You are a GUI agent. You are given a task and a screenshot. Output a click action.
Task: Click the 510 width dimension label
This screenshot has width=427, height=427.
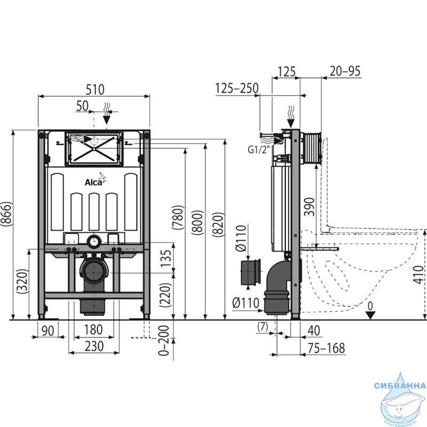pyautogui.click(x=95, y=90)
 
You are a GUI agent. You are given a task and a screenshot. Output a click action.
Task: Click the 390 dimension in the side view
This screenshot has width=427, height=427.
pyautogui.click(x=309, y=207)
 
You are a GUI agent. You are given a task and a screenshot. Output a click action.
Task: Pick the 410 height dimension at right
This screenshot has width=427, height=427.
pyautogui.click(x=420, y=275)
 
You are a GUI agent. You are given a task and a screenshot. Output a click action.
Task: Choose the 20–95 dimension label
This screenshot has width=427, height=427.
pyautogui.click(x=345, y=71)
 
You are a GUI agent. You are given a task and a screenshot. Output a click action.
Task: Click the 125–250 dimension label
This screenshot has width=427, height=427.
pyautogui.click(x=237, y=88)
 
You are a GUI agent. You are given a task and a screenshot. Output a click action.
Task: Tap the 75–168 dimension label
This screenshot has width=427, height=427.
pyautogui.click(x=326, y=348)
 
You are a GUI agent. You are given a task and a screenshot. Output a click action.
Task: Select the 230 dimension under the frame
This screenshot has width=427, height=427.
pyautogui.click(x=94, y=346)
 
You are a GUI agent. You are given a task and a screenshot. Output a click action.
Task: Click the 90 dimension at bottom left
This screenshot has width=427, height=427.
pyautogui.click(x=48, y=331)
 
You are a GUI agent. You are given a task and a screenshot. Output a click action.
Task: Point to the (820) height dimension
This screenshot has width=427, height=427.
pyautogui.click(x=219, y=225)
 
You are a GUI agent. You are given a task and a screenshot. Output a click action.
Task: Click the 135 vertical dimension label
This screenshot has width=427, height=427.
pyautogui.click(x=165, y=258)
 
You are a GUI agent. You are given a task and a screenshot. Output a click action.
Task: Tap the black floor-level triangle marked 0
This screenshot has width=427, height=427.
pyautogui.click(x=370, y=315)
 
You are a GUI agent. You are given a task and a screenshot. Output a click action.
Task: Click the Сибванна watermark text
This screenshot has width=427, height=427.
pyautogui.click(x=400, y=385)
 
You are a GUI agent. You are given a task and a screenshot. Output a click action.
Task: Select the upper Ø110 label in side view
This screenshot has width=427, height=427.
pyautogui.click(x=241, y=238)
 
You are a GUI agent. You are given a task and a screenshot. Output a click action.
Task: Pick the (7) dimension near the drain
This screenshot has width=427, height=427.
pyautogui.click(x=263, y=327)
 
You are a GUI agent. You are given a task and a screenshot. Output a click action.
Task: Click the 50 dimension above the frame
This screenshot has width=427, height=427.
pyautogui.click(x=82, y=106)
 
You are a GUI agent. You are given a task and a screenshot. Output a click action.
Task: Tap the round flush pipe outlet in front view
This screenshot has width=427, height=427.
pyautogui.click(x=94, y=241)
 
